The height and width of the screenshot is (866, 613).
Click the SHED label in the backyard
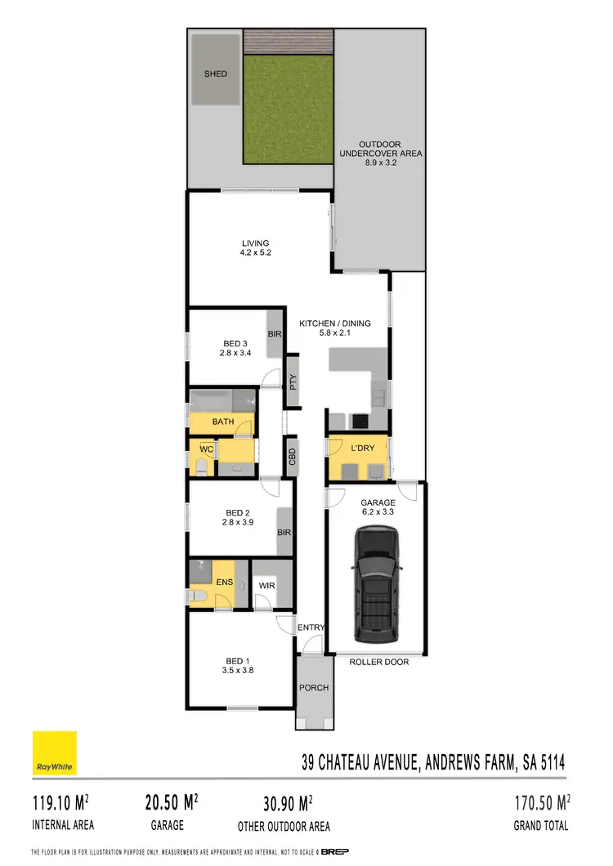[216, 74]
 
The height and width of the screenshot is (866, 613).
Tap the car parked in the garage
[376, 584]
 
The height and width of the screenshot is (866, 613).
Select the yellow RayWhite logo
[54, 752]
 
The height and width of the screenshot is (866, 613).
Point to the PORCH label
[313, 688]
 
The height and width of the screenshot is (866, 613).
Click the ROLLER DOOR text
[378, 662]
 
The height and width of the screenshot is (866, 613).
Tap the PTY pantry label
[293, 382]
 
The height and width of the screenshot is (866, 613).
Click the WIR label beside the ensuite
[266, 586]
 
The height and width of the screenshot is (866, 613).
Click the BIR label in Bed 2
[284, 532]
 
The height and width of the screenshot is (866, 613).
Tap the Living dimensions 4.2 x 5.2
[255, 253]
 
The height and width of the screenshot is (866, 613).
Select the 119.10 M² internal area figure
[62, 801]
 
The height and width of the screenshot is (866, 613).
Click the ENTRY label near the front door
[311, 627]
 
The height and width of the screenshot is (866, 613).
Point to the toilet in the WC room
[200, 466]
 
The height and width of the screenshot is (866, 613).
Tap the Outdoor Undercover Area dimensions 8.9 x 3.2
[380, 163]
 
